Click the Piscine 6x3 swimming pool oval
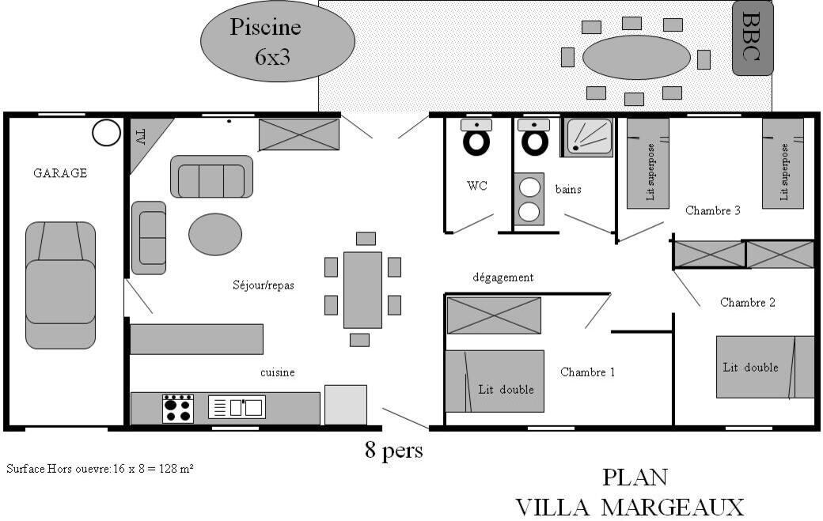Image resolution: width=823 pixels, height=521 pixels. click(278, 41)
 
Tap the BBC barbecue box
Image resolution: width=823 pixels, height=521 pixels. click(753, 38)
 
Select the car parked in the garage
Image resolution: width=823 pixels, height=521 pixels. click(60, 285)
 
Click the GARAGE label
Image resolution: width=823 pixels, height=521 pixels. click(60, 173)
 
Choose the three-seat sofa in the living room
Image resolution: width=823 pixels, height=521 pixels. click(211, 176)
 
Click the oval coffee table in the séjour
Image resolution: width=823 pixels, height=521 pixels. click(215, 234)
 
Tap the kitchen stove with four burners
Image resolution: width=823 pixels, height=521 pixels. click(178, 409)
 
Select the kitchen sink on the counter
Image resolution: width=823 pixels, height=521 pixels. click(237, 407)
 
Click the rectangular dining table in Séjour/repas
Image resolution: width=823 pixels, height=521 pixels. click(362, 290)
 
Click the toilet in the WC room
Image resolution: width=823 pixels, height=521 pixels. click(476, 138)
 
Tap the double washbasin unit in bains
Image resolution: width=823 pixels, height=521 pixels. click(529, 199)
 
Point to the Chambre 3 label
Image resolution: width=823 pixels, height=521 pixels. click(713, 211)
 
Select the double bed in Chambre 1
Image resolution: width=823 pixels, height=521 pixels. click(495, 381)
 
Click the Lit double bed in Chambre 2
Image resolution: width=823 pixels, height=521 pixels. click(765, 367)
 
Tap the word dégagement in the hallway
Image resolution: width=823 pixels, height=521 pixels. click(503, 277)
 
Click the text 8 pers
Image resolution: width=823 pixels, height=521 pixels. click(393, 450)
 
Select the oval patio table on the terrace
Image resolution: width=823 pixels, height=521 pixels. click(636, 58)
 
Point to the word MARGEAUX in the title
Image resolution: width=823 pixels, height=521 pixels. click(673, 508)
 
